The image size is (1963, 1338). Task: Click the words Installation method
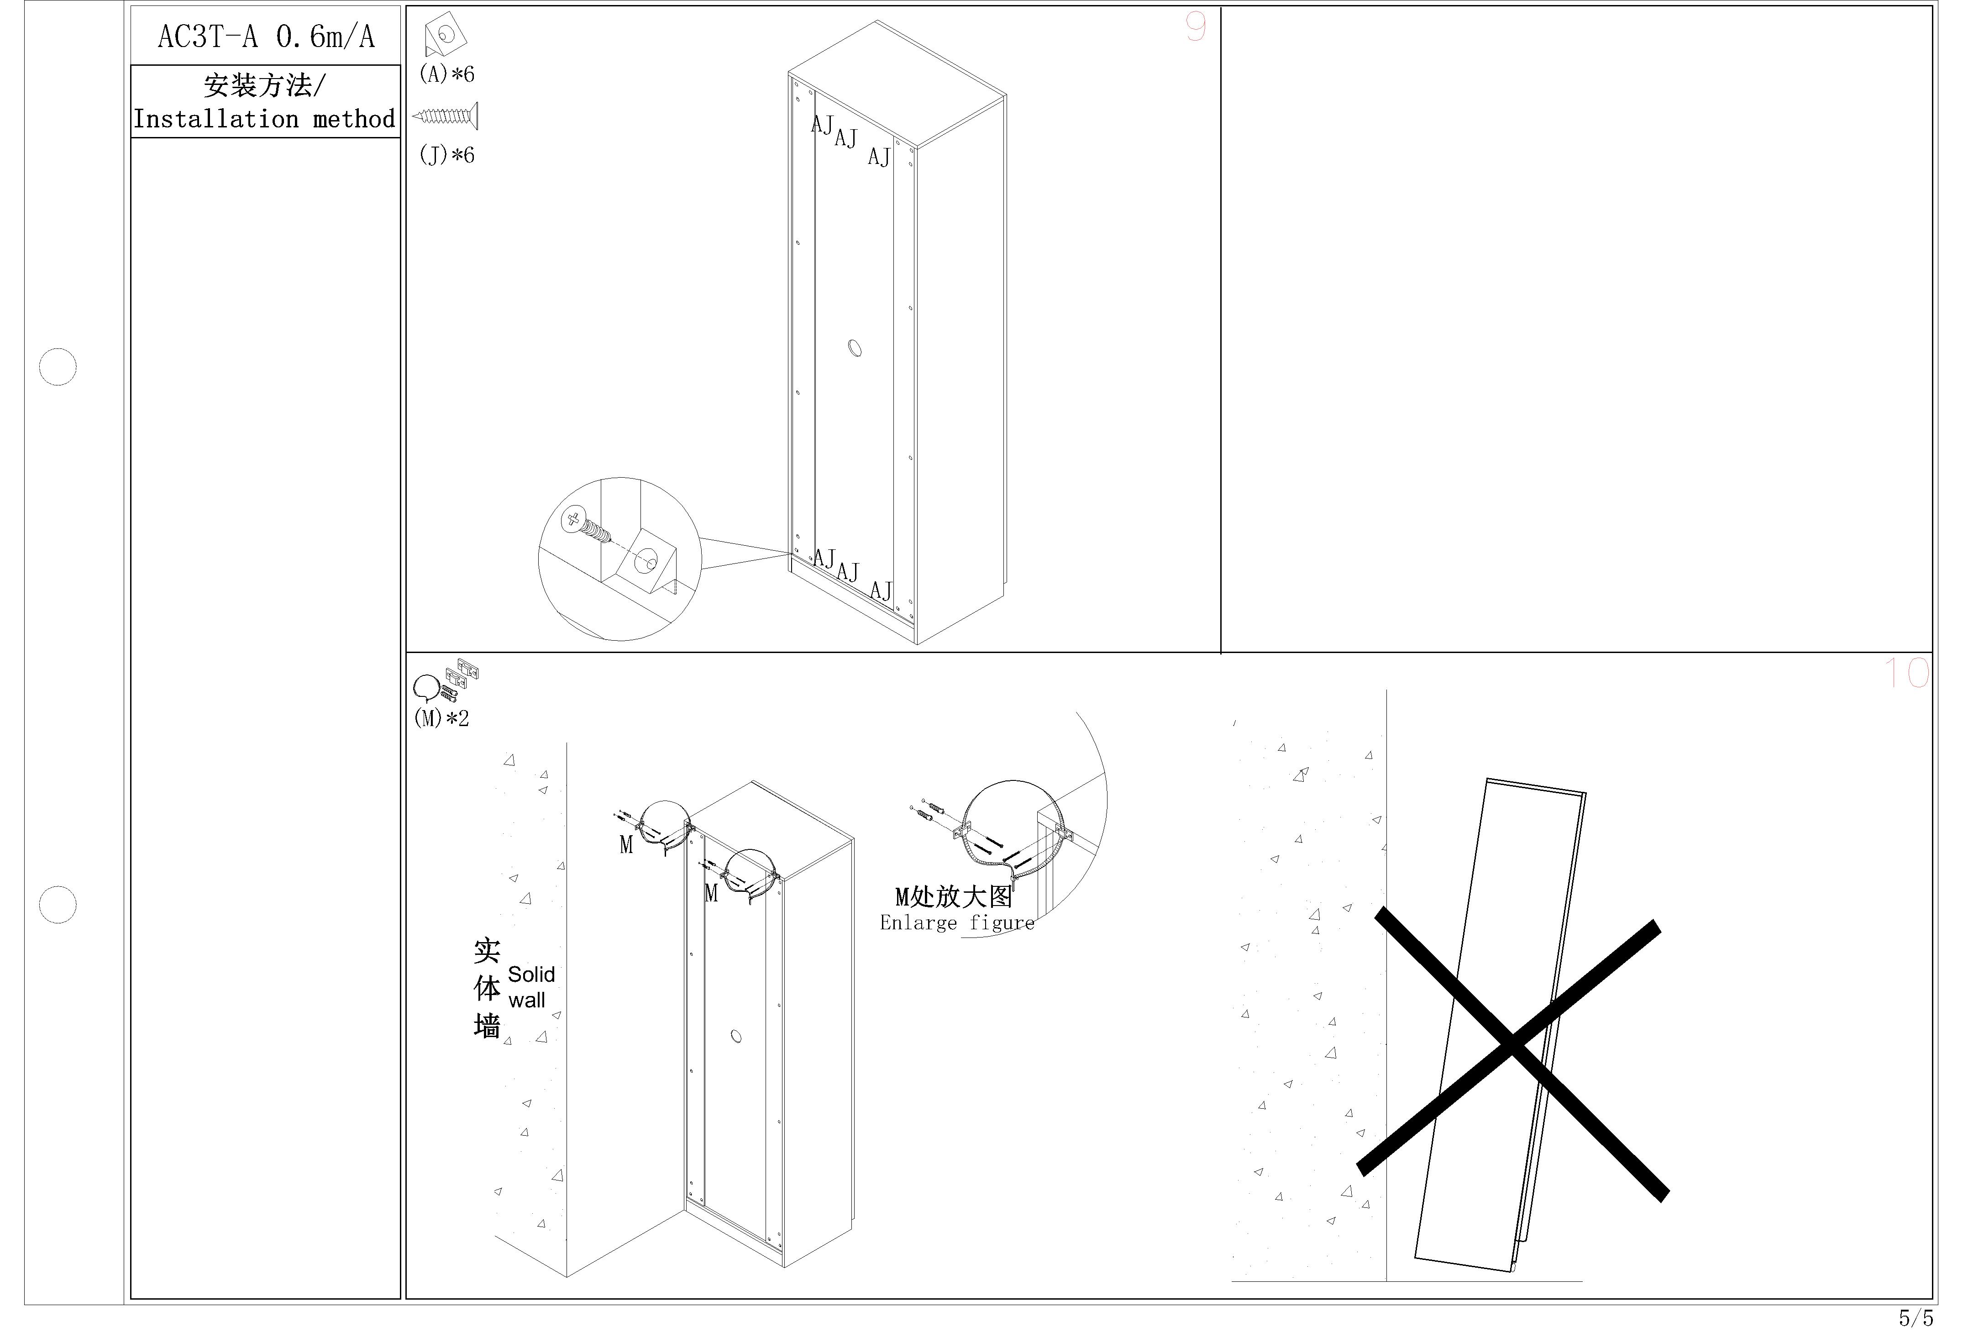tap(264, 119)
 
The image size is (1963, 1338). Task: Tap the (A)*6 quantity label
tap(447, 74)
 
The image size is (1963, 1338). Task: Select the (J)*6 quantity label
tap(447, 155)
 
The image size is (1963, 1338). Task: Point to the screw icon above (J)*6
tap(445, 116)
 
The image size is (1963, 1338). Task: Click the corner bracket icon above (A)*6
tap(445, 37)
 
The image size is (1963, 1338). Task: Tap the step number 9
tap(1195, 28)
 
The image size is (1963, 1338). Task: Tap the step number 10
tap(1906, 673)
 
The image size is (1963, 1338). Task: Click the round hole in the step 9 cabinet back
tap(855, 348)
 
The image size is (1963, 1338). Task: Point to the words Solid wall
tap(531, 987)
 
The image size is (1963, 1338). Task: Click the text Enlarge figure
tap(957, 922)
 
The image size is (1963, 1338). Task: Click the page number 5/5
tap(1916, 1318)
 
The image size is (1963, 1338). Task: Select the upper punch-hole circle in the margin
tap(58, 367)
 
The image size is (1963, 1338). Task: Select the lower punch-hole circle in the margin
tap(58, 905)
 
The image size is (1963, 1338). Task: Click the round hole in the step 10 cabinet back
tap(736, 1036)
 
